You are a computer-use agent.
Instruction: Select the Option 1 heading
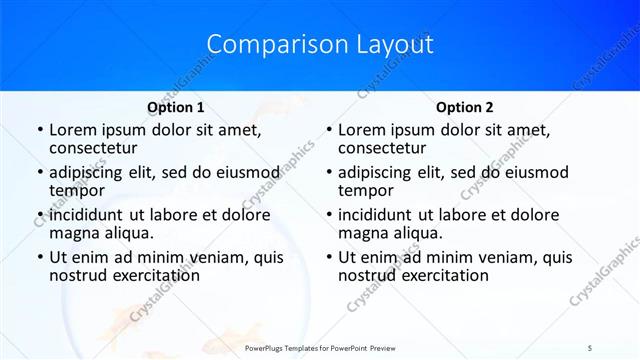point(176,107)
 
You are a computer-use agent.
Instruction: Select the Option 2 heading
point(465,107)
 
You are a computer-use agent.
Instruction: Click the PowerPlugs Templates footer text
point(320,347)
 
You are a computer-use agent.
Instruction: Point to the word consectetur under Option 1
point(95,148)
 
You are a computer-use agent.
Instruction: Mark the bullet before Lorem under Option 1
point(39,131)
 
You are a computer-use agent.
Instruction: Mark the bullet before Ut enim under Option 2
point(328,258)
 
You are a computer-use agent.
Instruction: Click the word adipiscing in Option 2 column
point(381,172)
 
